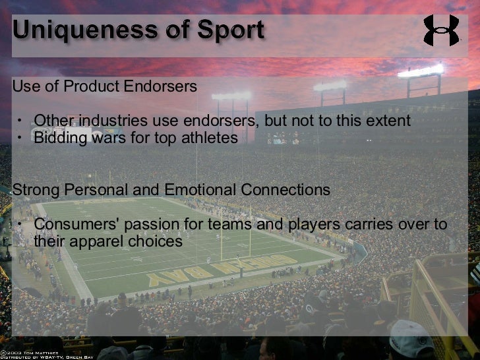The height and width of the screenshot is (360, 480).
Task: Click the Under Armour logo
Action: point(441,30)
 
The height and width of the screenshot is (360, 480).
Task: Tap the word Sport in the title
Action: point(231,30)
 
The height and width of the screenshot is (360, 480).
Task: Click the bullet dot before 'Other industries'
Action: point(20,122)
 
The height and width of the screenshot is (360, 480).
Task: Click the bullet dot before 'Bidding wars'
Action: point(20,138)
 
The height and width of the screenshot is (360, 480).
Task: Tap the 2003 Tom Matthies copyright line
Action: point(32,351)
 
